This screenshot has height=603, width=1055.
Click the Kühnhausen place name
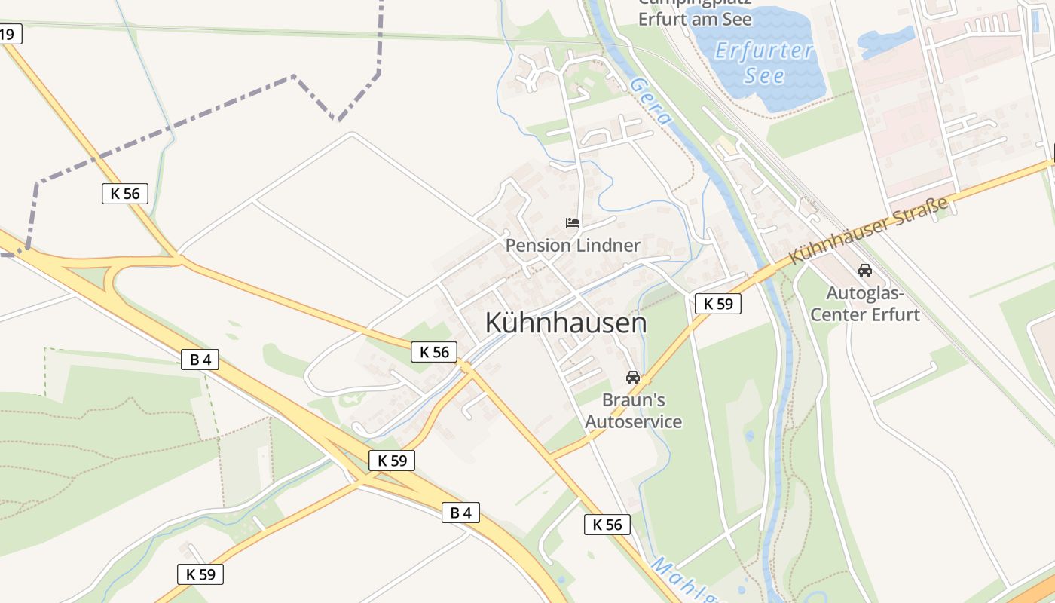566,323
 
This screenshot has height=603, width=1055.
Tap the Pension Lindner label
573,246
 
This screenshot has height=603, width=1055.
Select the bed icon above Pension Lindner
573,223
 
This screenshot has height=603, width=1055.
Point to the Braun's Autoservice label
633,411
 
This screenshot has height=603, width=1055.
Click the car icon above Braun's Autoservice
633,378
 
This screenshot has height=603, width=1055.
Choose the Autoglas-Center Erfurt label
865,304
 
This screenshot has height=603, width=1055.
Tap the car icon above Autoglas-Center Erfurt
865,271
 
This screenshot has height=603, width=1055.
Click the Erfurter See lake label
764,63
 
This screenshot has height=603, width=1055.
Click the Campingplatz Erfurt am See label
695,14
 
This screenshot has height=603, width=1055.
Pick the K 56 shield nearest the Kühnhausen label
434,352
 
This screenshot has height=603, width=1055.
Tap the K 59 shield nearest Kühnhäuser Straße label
717,304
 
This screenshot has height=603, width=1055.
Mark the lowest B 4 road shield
460,513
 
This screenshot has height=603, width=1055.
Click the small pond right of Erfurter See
885,41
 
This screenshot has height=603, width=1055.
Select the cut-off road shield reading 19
9,34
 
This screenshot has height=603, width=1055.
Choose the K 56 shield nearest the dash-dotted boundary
125,194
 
